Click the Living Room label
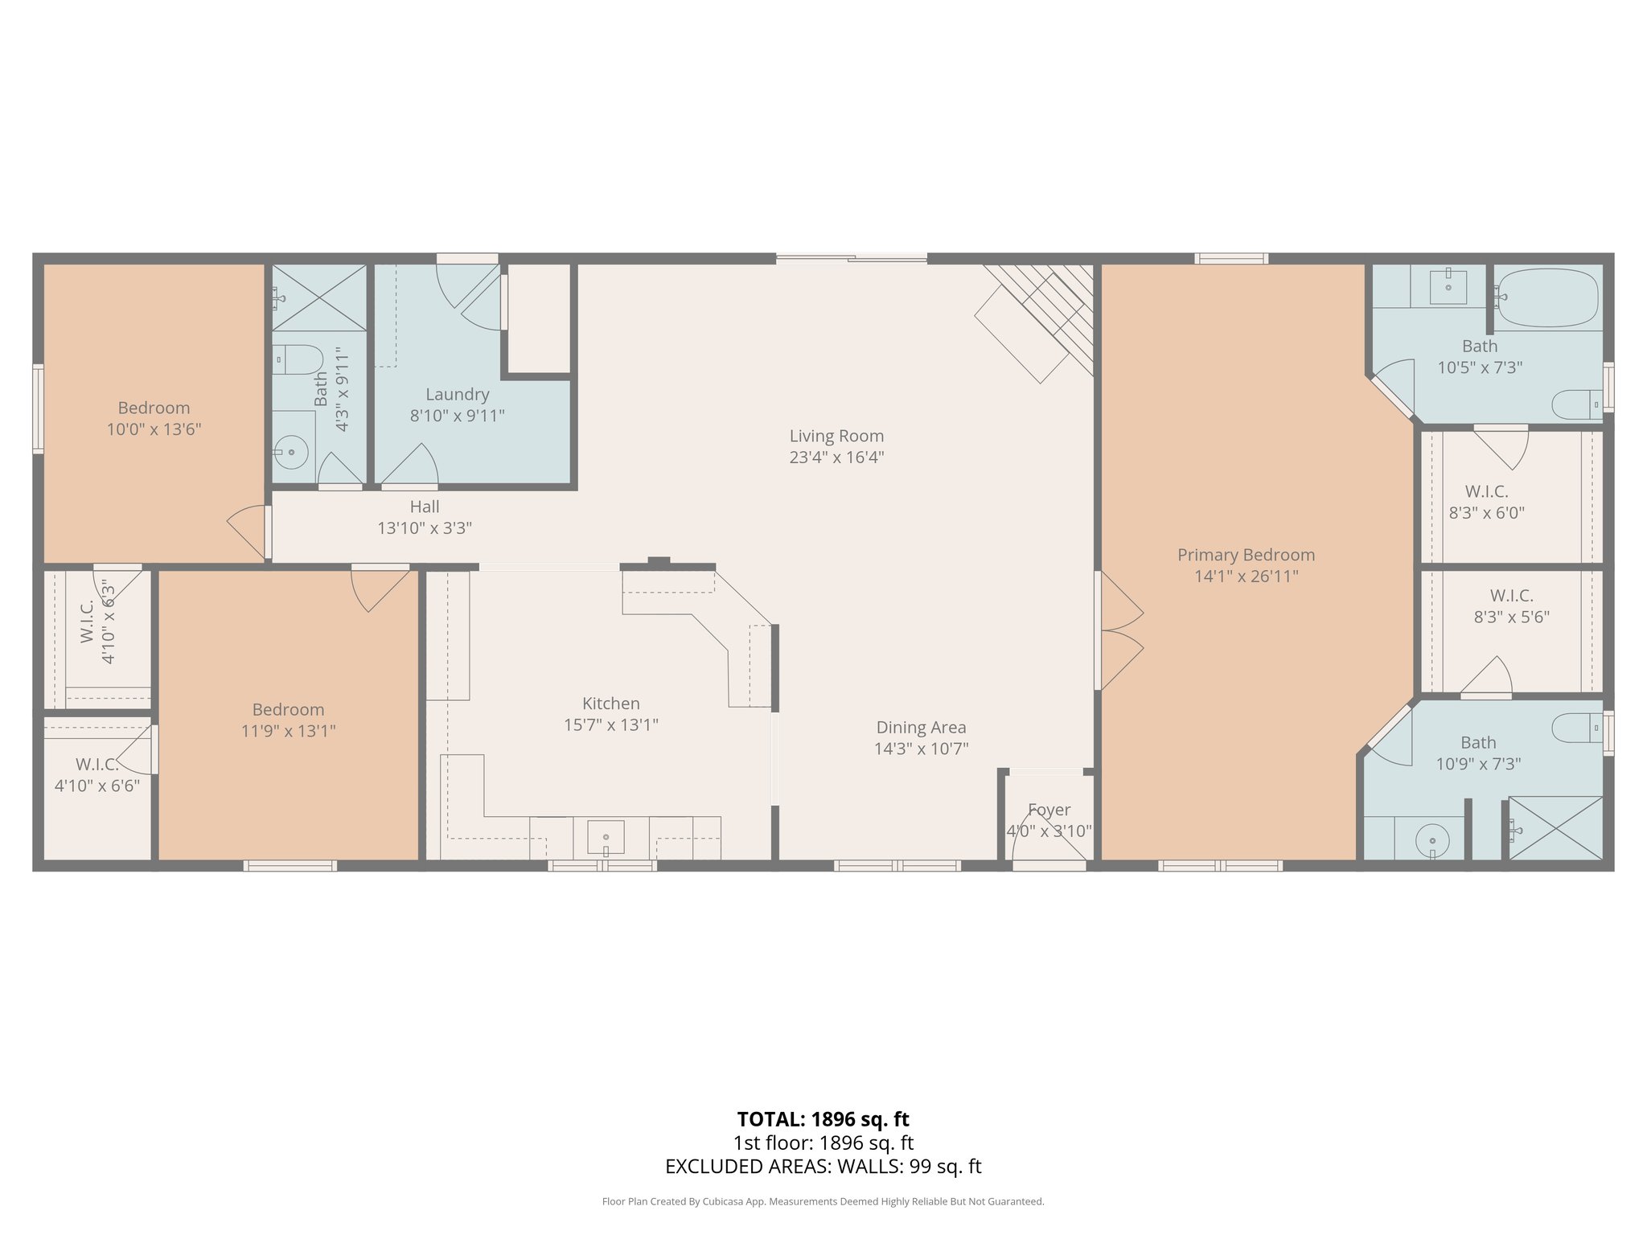(836, 436)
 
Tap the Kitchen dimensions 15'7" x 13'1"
(610, 724)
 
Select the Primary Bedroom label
(1246, 555)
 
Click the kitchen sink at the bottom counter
(605, 839)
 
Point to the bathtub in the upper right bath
(1547, 297)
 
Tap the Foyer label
(1049, 810)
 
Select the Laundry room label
(457, 394)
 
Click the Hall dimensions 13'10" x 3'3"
(425, 528)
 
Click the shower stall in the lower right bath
(1555, 828)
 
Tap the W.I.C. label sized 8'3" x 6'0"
(1486, 491)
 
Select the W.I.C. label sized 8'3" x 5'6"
(1511, 596)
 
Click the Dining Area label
(921, 727)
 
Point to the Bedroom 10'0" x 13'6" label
(154, 408)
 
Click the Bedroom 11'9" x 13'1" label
(288, 709)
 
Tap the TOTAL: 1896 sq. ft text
(823, 1118)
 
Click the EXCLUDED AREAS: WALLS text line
(823, 1166)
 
